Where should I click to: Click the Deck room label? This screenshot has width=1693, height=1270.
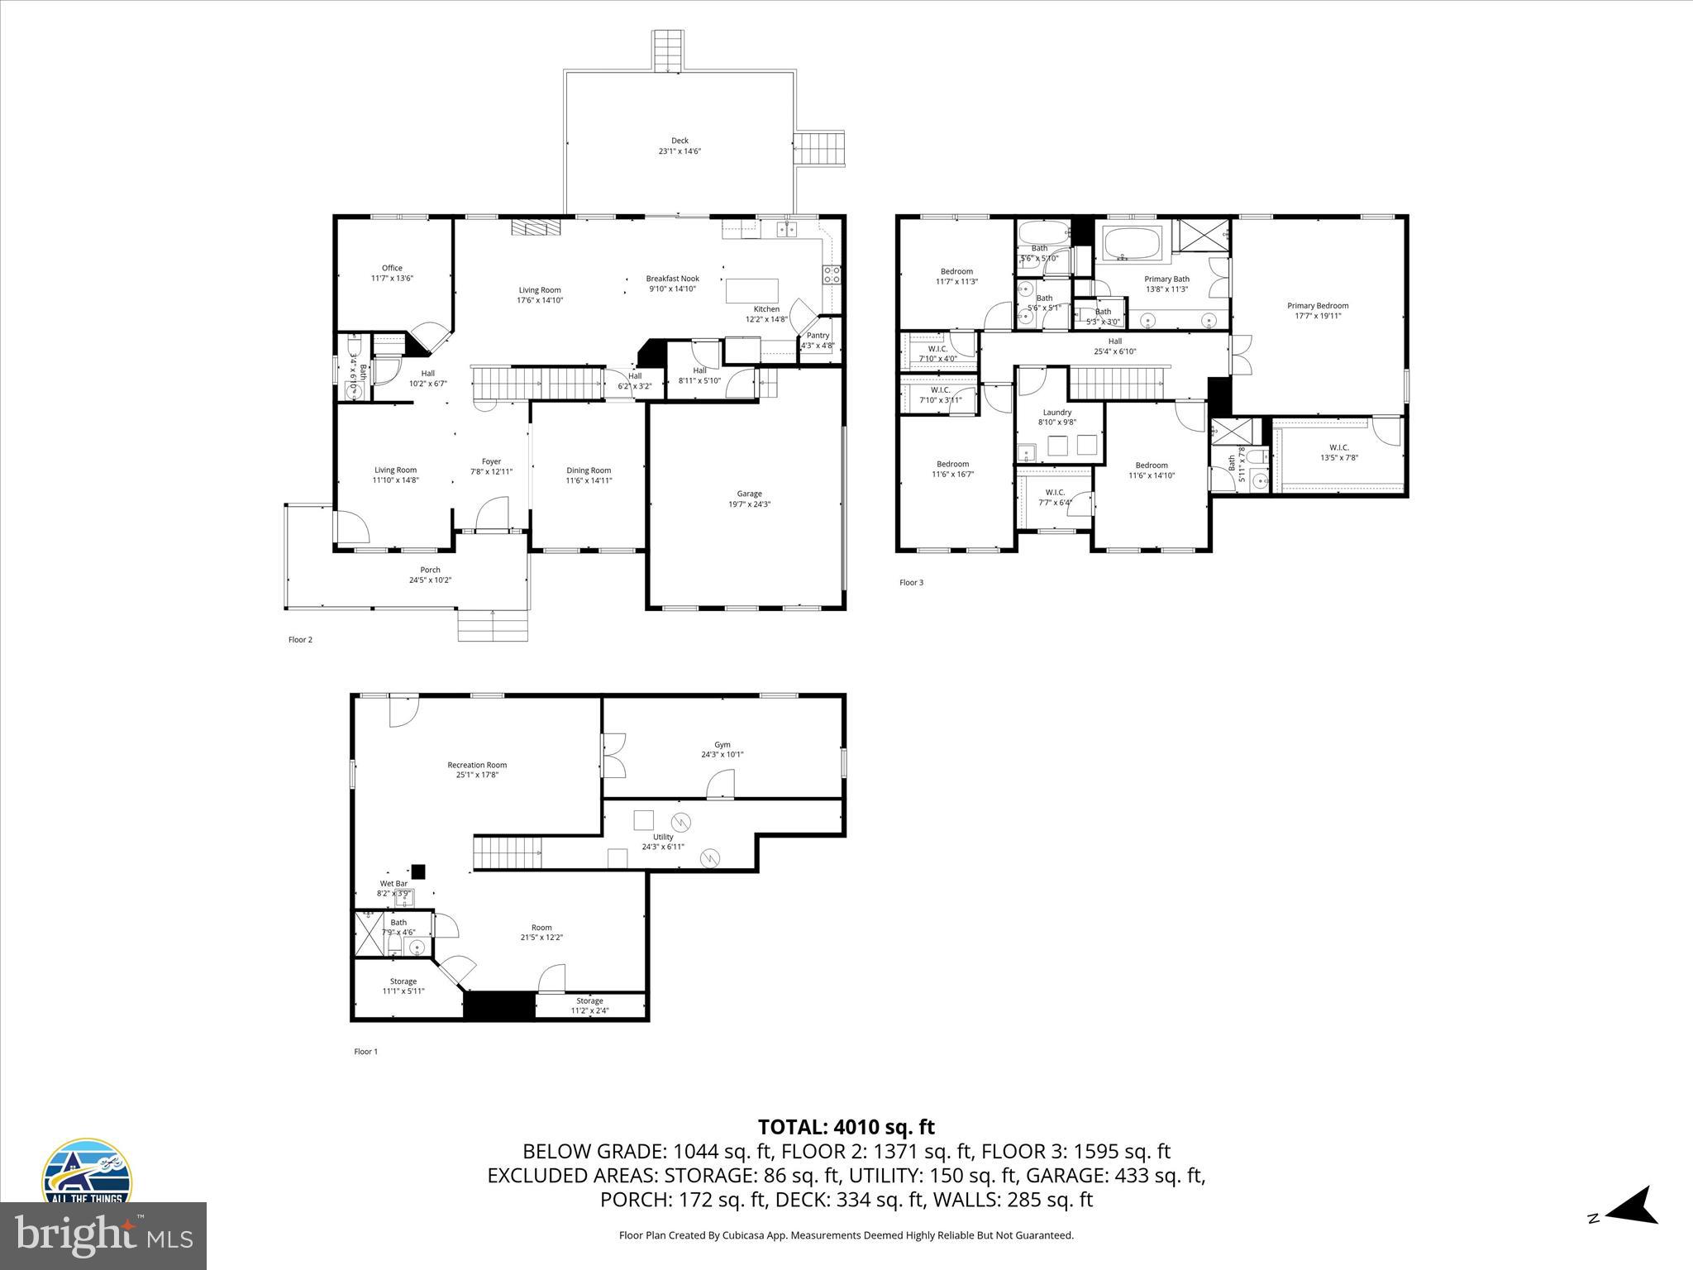680,141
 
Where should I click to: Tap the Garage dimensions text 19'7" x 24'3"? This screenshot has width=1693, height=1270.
749,504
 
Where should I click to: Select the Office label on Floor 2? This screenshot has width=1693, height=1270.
392,268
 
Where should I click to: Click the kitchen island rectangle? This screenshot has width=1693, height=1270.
752,291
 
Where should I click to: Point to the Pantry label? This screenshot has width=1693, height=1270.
818,336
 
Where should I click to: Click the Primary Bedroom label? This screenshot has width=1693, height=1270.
1318,306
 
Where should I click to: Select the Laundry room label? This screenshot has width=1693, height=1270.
1056,412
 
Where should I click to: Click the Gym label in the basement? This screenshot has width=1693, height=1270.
723,745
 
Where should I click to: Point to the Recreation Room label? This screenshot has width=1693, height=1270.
477,765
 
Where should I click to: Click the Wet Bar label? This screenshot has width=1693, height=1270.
393,884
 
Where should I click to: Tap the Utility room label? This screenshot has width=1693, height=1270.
663,837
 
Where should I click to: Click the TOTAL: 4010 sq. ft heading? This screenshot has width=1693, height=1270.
846,1127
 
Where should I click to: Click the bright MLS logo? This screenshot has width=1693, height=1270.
103,1235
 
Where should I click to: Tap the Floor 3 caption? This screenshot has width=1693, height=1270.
911,582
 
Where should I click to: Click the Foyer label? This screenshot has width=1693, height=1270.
491,461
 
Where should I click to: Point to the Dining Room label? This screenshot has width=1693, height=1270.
589,470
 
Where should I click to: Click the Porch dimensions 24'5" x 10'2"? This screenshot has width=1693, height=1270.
430,580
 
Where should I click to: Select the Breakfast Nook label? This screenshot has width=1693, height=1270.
672,279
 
